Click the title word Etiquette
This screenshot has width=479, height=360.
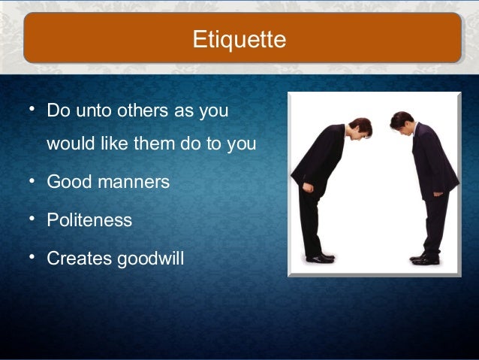coord(239,39)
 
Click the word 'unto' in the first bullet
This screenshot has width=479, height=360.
coord(92,111)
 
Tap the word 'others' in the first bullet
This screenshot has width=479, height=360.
coord(143,111)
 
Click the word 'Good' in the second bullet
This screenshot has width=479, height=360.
coord(67,182)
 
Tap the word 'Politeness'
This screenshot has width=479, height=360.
coord(89,221)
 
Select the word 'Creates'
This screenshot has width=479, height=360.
coord(79,259)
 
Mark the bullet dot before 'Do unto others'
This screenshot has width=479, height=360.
coord(32,110)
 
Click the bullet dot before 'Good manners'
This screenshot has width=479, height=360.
coord(32,181)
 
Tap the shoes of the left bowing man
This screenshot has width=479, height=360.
coord(322,258)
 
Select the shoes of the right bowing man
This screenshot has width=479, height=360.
coord(425,259)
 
